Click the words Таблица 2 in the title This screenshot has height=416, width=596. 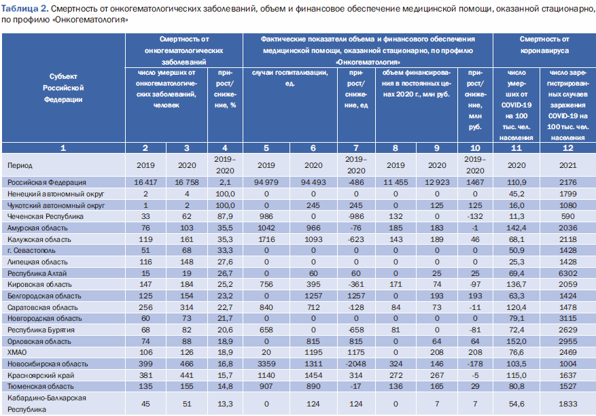click(24, 8)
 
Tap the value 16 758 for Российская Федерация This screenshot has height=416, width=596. click(187, 182)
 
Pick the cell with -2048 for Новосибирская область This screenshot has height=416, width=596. click(356, 364)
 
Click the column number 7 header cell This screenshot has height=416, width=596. click(356, 148)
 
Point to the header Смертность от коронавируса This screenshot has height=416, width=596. click(544, 45)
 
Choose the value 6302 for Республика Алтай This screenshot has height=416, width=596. click(568, 273)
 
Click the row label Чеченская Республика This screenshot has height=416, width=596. click(46, 216)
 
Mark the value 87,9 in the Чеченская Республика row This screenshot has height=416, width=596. click(225, 216)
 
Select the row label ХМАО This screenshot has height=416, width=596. click(17, 353)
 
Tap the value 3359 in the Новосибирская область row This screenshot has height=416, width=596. click(266, 364)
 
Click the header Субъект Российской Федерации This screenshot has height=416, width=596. click(63, 88)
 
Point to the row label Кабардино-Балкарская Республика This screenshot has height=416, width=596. click(47, 404)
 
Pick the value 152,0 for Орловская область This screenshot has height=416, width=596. click(516, 341)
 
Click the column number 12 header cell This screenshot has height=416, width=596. click(568, 148)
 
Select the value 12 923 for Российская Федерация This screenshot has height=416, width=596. click(437, 182)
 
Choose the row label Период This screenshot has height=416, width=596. click(20, 165)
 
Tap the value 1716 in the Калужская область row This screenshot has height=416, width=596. click(266, 239)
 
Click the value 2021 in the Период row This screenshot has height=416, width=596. click(568, 165)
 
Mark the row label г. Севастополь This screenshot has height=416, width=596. click(31, 251)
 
